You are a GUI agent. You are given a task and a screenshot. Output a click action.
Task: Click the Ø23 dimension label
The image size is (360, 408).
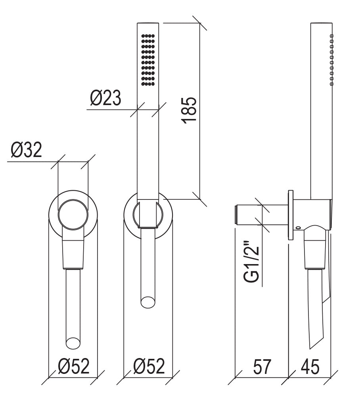[105, 98]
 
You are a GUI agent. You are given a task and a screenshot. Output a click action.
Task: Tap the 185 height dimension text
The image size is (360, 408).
[189, 110]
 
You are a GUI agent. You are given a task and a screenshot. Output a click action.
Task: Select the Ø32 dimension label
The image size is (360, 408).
[26, 150]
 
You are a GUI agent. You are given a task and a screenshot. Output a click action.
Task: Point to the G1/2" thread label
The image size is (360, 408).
[252, 262]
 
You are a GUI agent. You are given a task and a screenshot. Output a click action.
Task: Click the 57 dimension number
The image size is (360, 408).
[262, 367]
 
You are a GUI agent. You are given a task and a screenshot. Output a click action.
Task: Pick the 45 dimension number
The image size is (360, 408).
[310, 367]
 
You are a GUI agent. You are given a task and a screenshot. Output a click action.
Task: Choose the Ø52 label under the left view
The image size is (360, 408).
[74, 366]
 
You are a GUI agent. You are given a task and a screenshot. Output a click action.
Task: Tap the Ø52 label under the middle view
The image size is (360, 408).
[149, 366]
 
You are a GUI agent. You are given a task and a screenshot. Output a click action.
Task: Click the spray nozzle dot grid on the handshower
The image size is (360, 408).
[148, 60]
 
